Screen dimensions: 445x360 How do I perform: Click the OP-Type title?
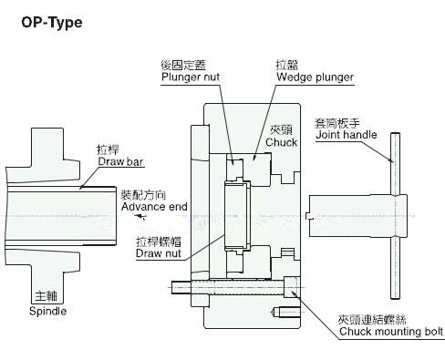(x=52, y=23)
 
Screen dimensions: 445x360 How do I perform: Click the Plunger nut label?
(x=191, y=77)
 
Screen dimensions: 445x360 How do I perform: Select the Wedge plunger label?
(x=315, y=77)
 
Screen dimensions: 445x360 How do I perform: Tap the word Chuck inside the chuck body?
(x=281, y=142)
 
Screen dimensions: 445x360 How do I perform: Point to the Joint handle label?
(x=347, y=135)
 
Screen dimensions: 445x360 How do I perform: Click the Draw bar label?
(x=120, y=161)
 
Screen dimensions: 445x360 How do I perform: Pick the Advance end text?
(x=154, y=207)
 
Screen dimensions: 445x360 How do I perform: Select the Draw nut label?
(x=159, y=253)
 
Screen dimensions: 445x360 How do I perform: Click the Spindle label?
(x=47, y=311)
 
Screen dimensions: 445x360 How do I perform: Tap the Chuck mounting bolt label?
(x=391, y=332)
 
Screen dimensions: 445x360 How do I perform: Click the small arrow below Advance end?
(x=140, y=216)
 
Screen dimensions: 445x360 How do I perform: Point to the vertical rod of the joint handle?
(x=395, y=216)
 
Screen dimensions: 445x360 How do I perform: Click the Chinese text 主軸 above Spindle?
(x=47, y=296)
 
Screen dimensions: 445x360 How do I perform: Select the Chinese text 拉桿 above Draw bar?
(x=109, y=149)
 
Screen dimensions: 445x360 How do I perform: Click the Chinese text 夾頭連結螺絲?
(x=372, y=320)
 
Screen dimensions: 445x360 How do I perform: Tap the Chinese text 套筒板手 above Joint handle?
(x=337, y=123)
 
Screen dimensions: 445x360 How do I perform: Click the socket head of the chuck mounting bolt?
(x=292, y=287)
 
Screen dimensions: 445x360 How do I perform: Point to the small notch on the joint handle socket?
(x=310, y=216)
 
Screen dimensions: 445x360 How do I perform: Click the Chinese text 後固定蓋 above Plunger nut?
(x=183, y=65)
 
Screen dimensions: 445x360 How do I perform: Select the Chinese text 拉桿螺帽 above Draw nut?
(x=159, y=242)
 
